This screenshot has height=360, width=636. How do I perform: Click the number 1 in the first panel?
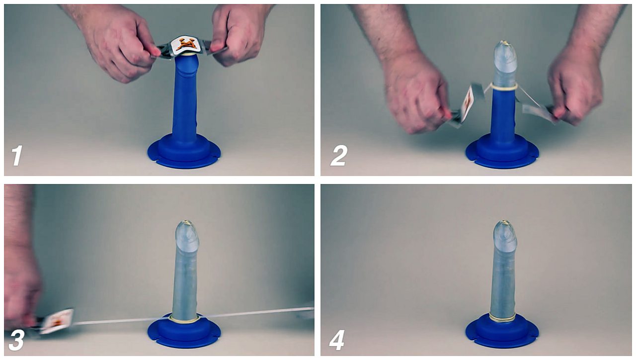click(17, 155)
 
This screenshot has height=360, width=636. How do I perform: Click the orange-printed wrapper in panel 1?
click(186, 45)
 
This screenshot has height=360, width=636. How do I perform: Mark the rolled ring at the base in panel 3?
click(184, 318)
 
